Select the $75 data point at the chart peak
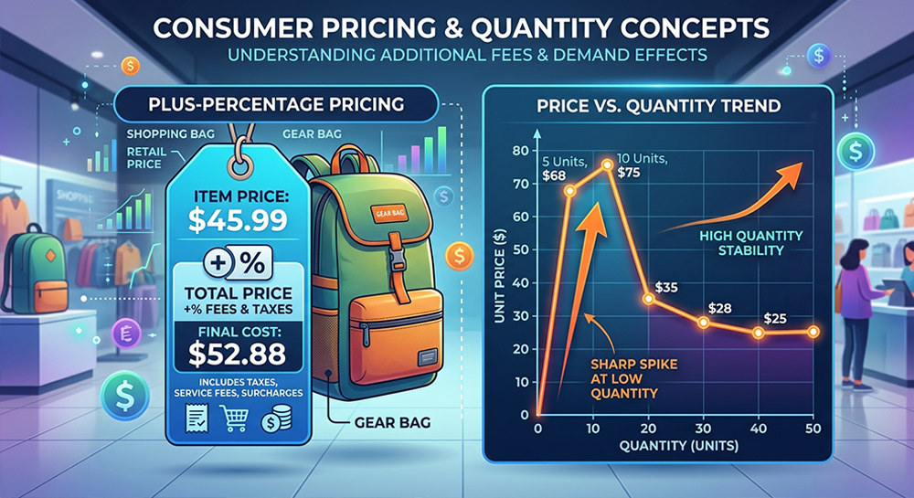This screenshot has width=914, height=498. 607,164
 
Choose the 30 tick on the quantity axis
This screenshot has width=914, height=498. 703,429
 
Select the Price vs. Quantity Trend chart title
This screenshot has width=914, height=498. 657,106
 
